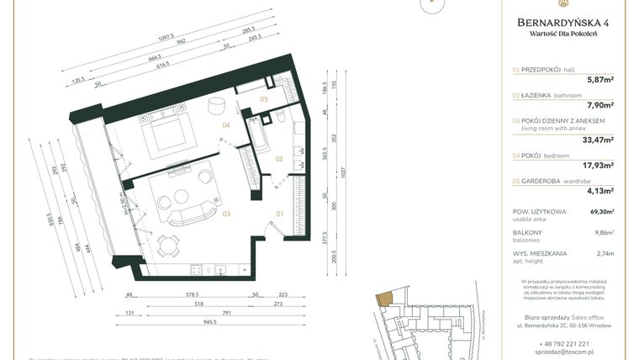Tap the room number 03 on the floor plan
[226, 214]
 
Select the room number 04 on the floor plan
[225, 125]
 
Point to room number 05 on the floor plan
[263, 99]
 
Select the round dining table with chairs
[172, 246]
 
